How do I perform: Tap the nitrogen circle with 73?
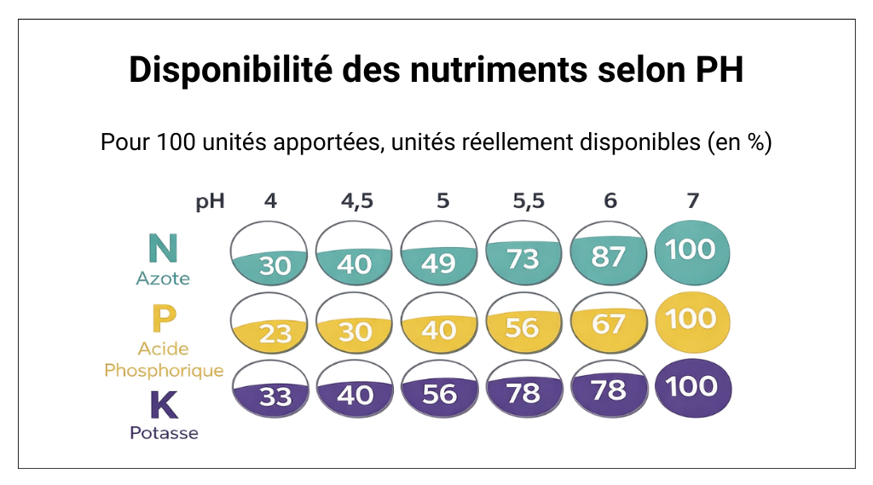[524, 255]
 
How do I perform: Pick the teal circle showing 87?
[608, 255]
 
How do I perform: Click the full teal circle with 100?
[691, 250]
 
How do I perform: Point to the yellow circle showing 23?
[272, 326]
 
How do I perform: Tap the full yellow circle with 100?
[691, 319]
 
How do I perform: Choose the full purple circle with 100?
[691, 387]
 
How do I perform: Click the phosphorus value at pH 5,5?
[524, 324]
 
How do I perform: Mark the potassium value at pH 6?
[608, 390]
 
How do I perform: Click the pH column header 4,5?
[356, 202]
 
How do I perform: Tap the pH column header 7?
[692, 202]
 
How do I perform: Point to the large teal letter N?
[162, 248]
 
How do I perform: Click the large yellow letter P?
[163, 320]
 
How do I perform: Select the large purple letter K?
[164, 406]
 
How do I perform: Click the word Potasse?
[164, 433]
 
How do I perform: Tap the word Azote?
[163, 279]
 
